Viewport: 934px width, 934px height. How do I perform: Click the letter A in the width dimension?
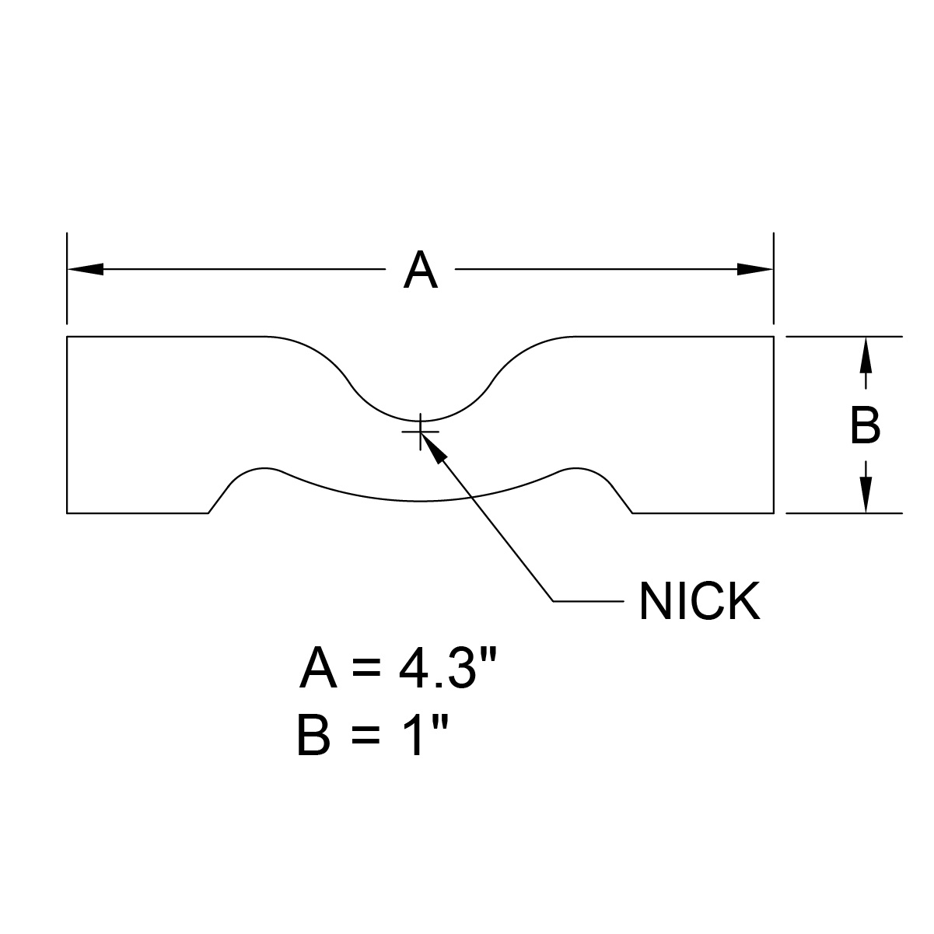[420, 271]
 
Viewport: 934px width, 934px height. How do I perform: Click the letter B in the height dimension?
[865, 426]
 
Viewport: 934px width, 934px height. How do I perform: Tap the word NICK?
[698, 602]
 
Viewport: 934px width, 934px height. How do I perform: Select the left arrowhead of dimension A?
[86, 269]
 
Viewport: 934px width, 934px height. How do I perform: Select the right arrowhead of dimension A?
[755, 269]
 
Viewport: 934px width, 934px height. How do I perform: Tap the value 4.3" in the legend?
[443, 670]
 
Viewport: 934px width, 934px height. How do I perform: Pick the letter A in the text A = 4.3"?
[318, 670]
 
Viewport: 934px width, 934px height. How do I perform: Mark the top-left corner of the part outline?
[68, 337]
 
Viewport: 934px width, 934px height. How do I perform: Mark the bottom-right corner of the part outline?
[774, 513]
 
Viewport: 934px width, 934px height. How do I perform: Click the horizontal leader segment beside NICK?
[587, 601]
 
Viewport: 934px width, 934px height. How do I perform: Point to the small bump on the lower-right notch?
[577, 470]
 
